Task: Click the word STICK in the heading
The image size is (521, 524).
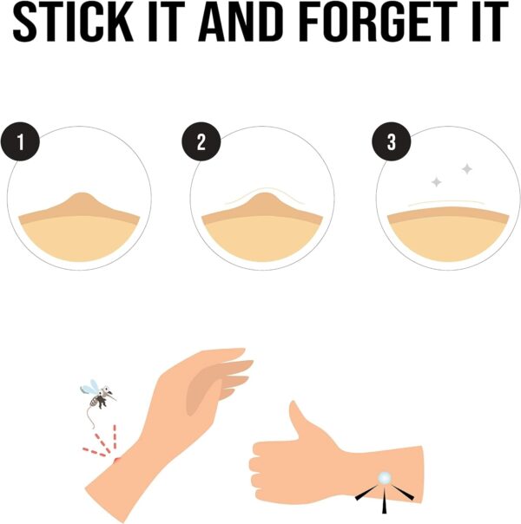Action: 73,22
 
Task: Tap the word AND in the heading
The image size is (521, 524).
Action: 241,22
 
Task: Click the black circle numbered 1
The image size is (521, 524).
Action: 20,141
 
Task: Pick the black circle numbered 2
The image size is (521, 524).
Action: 201,141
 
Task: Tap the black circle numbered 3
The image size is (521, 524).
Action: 392,141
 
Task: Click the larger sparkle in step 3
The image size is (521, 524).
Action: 467,169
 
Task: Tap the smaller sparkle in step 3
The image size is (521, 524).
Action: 436,182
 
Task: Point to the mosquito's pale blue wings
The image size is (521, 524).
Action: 89,387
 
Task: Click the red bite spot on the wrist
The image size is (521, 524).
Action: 116,461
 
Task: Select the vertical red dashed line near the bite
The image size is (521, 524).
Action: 115,436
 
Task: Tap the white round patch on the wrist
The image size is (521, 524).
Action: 385,479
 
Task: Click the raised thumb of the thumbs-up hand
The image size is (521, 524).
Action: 296,418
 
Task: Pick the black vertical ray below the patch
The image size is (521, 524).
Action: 385,501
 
